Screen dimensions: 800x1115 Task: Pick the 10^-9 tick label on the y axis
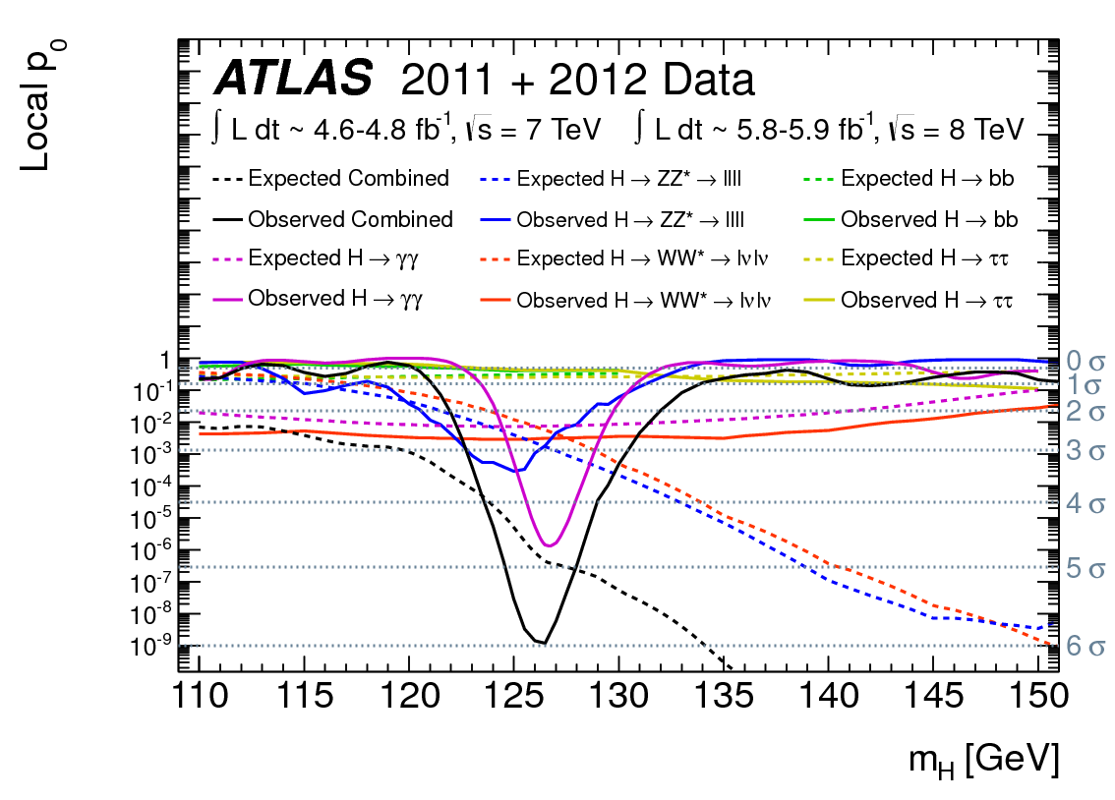click(x=148, y=647)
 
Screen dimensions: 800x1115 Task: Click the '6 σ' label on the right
click(x=1086, y=647)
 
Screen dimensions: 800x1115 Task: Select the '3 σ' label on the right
click(x=1086, y=451)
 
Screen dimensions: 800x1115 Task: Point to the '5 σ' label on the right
click(x=1086, y=567)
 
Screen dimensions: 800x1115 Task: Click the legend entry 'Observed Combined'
click(x=350, y=219)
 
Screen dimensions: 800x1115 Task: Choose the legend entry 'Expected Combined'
click(x=348, y=179)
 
